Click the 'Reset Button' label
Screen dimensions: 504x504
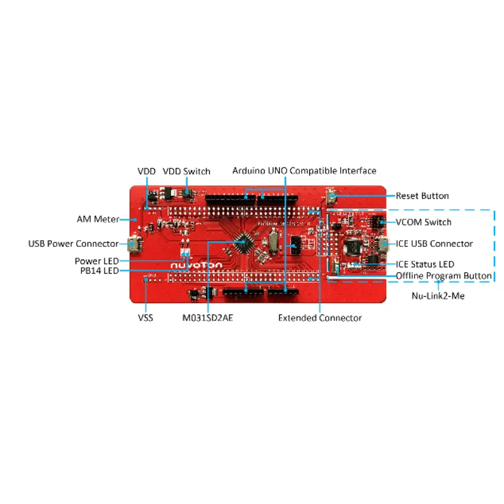tap(422, 196)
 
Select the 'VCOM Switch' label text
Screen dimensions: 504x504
tap(423, 222)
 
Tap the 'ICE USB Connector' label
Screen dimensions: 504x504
tap(434, 244)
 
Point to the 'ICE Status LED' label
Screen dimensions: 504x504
tap(425, 265)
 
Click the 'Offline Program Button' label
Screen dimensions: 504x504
tap(444, 276)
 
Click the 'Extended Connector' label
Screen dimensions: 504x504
tap(320, 318)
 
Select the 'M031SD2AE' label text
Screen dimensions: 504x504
tap(208, 318)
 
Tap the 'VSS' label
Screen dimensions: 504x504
tap(146, 318)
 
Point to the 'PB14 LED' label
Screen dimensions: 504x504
tap(96, 271)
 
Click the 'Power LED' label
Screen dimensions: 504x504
tap(96, 261)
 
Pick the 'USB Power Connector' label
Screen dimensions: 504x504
tap(73, 244)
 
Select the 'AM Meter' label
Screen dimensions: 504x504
tap(98, 219)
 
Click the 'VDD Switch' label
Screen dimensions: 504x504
tap(186, 171)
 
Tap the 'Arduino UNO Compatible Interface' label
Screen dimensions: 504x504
tap(304, 171)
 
